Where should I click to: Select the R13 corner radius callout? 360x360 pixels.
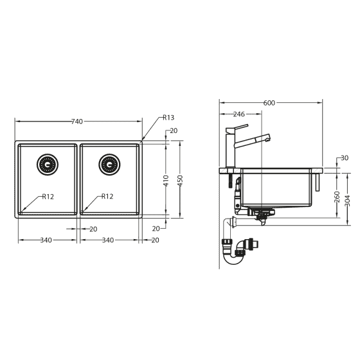tap(168, 118)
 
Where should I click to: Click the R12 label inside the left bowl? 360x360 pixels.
tap(48, 197)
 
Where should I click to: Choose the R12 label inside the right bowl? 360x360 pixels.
tap(107, 197)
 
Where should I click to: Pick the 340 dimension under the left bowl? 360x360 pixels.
tap(46, 240)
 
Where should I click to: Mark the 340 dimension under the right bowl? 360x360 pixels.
tap(108, 240)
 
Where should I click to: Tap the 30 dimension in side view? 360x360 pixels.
tap(344, 158)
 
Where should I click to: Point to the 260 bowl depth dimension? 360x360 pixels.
tap(337, 196)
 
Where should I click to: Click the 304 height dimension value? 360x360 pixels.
tap(348, 201)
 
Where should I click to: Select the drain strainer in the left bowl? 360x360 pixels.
tap(47, 164)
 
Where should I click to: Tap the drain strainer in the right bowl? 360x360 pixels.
tap(109, 164)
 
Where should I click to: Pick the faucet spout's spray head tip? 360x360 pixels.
tap(267, 137)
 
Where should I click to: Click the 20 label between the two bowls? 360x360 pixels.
tap(93, 229)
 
